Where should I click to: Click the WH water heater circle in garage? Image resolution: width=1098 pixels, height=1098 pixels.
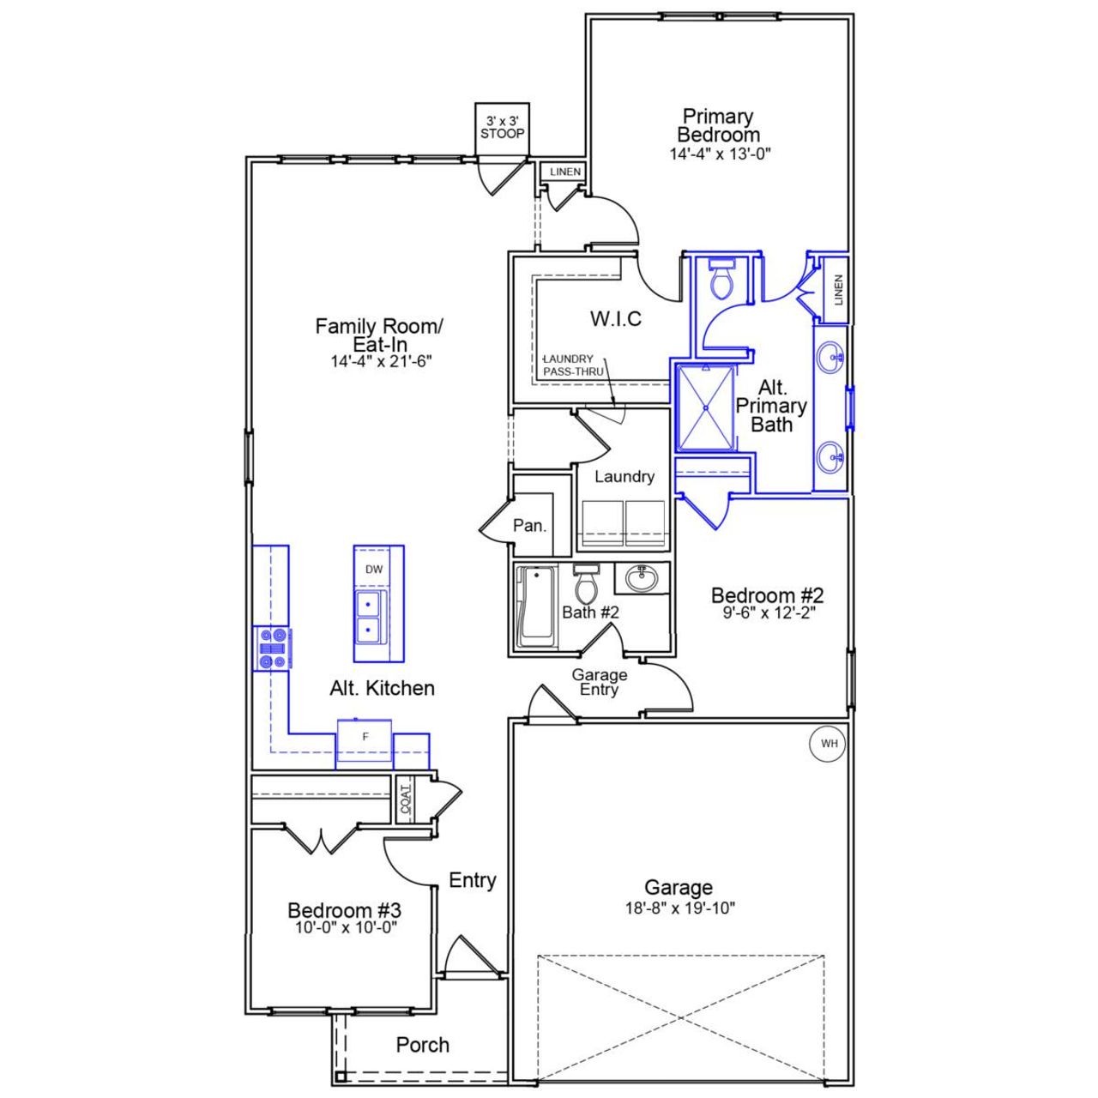pos(829,744)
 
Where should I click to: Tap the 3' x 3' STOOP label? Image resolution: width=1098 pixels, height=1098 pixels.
pos(503,128)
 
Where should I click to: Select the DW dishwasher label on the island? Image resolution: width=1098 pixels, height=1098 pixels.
pos(374,570)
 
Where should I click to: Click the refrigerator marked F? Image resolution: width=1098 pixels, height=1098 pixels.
pos(365,737)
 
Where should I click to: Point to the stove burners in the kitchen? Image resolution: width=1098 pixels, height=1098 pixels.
pos(273,649)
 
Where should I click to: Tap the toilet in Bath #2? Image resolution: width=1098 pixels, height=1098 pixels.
pos(586,585)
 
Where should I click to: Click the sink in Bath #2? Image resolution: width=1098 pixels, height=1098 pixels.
pos(641,579)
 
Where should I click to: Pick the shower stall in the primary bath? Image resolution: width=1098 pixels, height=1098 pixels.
pos(706,407)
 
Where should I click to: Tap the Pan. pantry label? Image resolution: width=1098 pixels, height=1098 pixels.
pos(529,526)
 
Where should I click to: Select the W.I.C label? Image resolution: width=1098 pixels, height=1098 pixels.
pos(615,319)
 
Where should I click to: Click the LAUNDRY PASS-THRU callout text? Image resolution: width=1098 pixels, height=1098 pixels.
pos(573,365)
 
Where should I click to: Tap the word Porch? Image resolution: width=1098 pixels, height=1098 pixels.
pos(422,1045)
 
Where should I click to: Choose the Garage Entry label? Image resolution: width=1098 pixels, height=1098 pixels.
pos(599,682)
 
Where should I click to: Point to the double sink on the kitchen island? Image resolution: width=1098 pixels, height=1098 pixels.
pos(371,618)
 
